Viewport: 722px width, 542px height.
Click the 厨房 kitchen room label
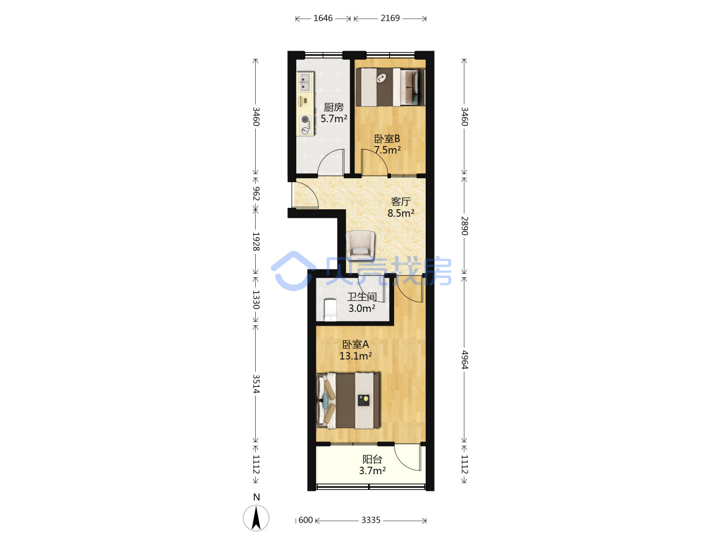coord(333,107)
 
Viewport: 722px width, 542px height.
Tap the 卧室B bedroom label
coord(387,139)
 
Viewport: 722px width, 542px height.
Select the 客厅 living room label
coord(401,201)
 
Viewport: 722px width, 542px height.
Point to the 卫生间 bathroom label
coord(362,297)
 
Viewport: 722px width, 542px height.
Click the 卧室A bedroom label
coord(355,344)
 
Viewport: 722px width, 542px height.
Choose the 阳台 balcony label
coord(372,459)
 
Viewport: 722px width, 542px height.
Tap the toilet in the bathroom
coord(330,310)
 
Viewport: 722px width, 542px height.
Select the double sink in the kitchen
coord(305,82)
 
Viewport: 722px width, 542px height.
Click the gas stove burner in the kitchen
coord(305,119)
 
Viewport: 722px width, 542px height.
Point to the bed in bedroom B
coord(391,87)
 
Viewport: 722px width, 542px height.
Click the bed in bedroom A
coord(348,400)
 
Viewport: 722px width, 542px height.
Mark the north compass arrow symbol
coord(256,517)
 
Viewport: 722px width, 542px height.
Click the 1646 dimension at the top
coord(323,18)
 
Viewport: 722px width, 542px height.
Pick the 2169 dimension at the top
coord(390,18)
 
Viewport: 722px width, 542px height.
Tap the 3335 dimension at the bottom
coord(371,520)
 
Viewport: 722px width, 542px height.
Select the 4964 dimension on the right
coord(464,360)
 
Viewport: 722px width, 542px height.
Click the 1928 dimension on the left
coord(256,241)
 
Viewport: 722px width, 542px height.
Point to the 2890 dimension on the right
coord(464,226)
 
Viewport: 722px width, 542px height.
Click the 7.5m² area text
coord(388,150)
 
